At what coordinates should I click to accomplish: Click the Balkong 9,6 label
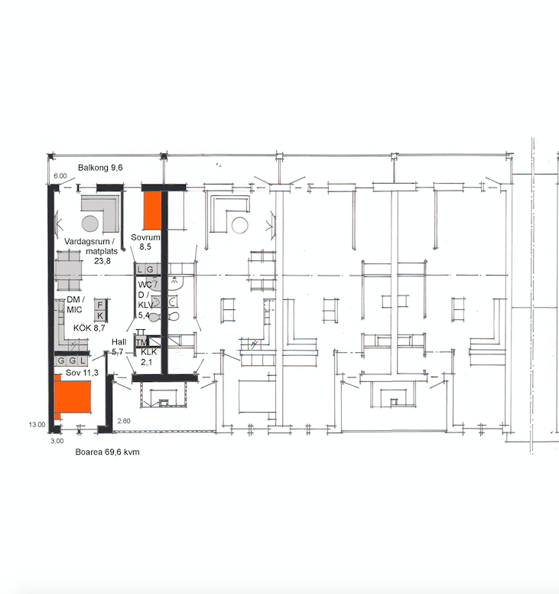tap(100, 168)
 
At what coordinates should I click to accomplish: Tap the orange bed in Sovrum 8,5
tap(152, 211)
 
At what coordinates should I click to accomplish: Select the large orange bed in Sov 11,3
tap(73, 397)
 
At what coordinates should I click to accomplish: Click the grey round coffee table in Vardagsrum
tap(90, 224)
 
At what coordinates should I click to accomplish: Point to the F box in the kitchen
tap(100, 305)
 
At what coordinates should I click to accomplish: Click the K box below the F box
tap(100, 316)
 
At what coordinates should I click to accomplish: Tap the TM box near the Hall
tap(142, 342)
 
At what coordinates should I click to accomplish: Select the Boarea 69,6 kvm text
tap(108, 452)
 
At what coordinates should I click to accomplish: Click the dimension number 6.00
tap(60, 176)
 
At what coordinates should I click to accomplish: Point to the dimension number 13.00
tap(37, 425)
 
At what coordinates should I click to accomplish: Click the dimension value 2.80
tap(124, 421)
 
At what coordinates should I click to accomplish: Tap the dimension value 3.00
tap(57, 441)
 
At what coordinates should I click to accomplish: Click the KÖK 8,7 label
tap(89, 328)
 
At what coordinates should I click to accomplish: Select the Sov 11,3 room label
tap(82, 373)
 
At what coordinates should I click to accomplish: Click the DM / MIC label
tap(75, 305)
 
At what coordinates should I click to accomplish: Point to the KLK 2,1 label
tap(148, 357)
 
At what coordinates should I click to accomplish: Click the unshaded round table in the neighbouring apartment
tap(239, 225)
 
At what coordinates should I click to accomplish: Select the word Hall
tap(119, 342)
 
